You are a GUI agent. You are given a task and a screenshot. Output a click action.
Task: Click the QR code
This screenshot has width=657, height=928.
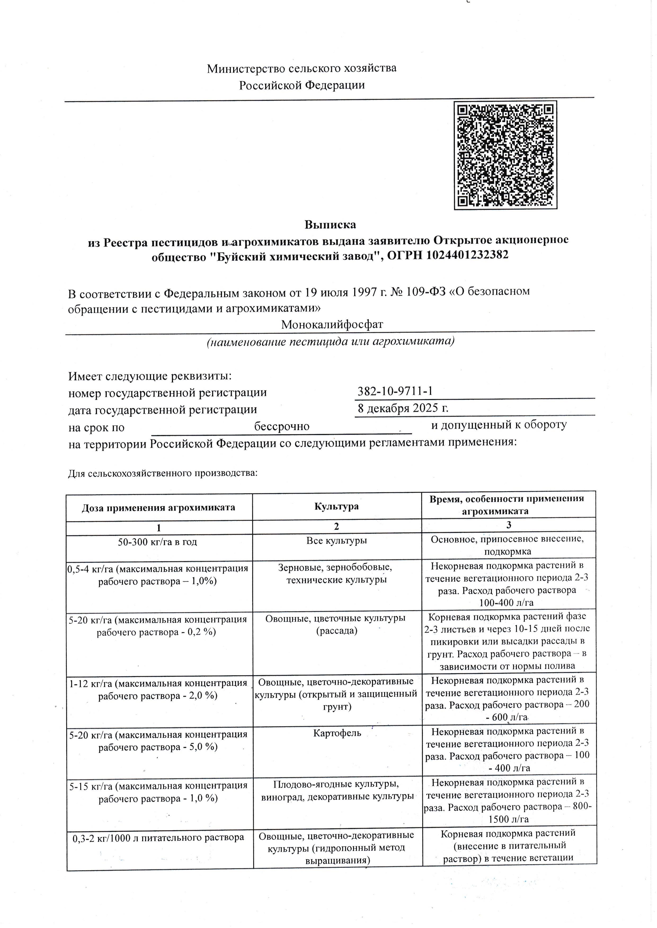505,155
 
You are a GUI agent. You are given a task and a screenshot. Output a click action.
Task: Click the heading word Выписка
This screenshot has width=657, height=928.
330,224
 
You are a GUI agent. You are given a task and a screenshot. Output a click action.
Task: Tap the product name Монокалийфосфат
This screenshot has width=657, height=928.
332,324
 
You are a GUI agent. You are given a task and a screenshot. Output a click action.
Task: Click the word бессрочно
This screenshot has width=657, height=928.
282,426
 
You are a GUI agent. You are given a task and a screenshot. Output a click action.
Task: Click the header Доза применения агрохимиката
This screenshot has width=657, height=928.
159,507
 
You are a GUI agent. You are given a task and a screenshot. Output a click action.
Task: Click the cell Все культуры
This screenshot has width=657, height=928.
337,540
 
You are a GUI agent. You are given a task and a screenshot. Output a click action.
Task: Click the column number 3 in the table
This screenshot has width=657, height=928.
509,525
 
